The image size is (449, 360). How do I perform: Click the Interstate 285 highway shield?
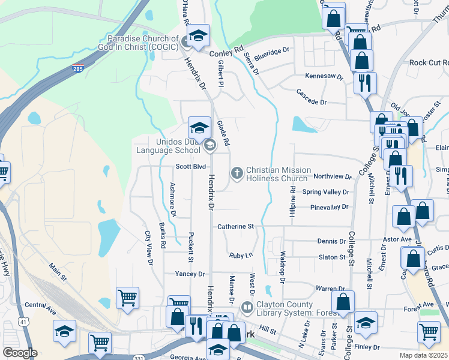(77, 68)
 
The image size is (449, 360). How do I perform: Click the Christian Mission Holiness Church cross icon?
(237, 173)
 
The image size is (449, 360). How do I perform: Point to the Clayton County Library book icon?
(247, 307)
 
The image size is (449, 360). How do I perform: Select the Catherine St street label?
(236, 227)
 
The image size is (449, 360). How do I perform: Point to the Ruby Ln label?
(241, 256)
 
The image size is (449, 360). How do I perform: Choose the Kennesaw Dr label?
(324, 77)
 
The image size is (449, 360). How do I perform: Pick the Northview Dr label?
(332, 176)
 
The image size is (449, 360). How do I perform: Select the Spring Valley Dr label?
(325, 192)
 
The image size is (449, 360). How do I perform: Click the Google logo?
(20, 353)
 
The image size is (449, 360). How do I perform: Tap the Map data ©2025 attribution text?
(424, 355)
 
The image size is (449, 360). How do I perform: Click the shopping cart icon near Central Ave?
(128, 298)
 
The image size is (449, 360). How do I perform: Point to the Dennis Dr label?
(331, 241)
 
